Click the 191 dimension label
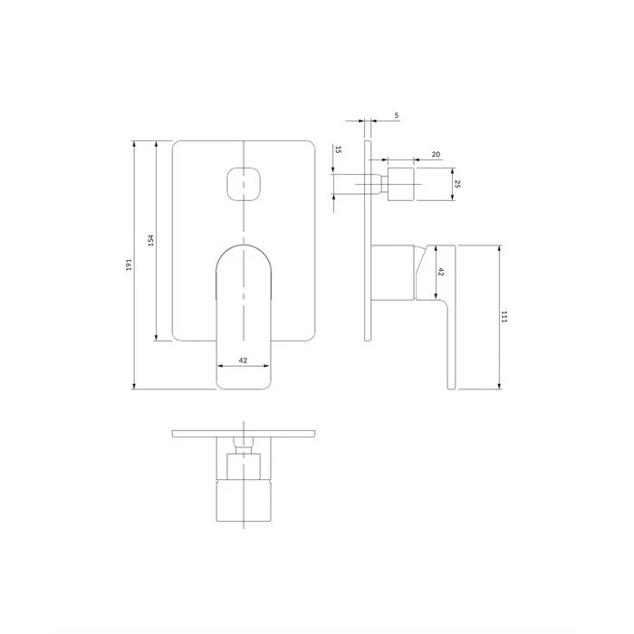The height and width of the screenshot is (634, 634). click(x=130, y=264)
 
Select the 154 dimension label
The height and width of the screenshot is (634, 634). click(x=151, y=241)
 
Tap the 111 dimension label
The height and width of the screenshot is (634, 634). click(x=504, y=317)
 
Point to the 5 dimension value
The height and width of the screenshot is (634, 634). click(x=397, y=115)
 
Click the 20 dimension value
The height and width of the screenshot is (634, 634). click(x=436, y=155)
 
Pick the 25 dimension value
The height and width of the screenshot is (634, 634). click(x=457, y=184)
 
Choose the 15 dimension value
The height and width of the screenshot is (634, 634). click(x=339, y=149)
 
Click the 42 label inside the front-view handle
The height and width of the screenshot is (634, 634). click(x=243, y=360)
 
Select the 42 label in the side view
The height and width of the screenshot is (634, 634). click(x=441, y=272)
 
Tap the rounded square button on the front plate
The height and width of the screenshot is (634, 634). click(x=244, y=184)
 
